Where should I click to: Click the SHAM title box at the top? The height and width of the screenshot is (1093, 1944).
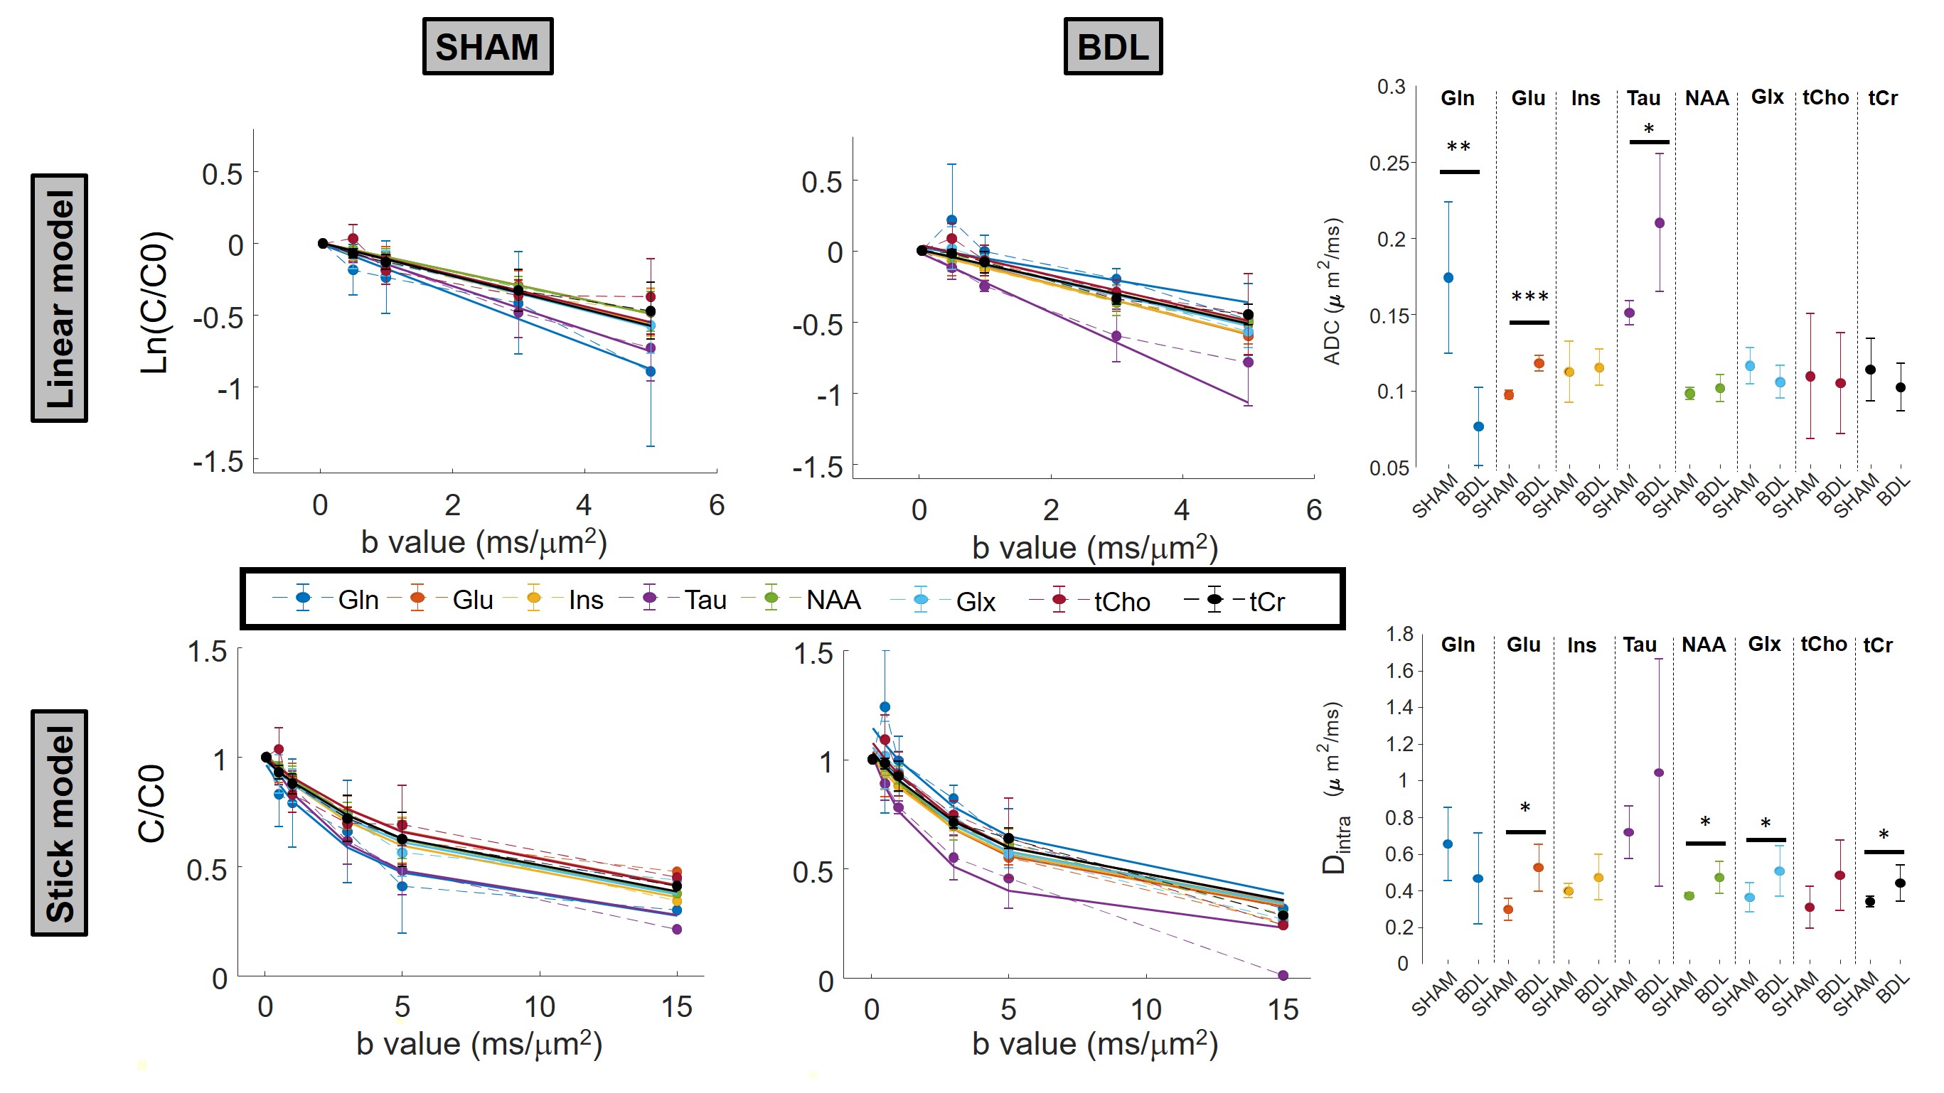point(488,47)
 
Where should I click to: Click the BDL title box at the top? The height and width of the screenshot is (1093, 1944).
point(1112,47)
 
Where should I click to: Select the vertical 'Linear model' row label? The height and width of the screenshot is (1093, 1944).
point(60,298)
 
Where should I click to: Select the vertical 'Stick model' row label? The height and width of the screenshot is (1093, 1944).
point(60,823)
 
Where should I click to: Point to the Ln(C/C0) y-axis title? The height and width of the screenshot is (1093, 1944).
point(156,302)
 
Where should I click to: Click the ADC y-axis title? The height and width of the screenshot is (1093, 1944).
point(1333,291)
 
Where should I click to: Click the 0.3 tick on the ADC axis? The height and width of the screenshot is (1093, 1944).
point(1391,87)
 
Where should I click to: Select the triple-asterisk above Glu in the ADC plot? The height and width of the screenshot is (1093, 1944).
point(1529,297)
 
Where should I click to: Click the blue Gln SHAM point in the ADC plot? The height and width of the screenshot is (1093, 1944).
point(1448,278)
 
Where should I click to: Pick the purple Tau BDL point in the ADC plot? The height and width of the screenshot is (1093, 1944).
point(1660,223)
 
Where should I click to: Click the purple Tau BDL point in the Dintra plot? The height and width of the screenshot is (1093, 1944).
point(1659,772)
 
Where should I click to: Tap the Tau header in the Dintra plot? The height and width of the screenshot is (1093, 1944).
point(1640,645)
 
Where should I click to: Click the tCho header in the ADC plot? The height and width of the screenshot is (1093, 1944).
point(1825,98)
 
